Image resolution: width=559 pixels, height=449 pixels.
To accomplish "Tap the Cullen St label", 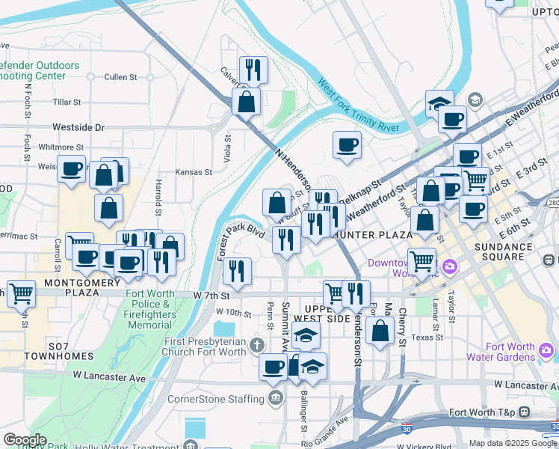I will coord(121,76).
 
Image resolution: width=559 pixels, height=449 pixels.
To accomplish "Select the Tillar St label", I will coord(67,102).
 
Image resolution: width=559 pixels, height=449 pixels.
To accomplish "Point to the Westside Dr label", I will coord(78,128).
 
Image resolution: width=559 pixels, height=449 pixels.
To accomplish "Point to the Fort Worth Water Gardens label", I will coord(510,352).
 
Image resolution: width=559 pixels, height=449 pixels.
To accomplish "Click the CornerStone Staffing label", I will coord(216,399).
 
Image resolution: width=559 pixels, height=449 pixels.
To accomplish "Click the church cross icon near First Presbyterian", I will coord(257,345).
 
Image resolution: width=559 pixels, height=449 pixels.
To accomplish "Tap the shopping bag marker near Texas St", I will coord(380,332).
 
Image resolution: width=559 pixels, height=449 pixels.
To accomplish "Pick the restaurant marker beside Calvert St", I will coord(253,70).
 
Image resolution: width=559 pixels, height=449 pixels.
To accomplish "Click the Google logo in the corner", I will coord(25,440).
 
